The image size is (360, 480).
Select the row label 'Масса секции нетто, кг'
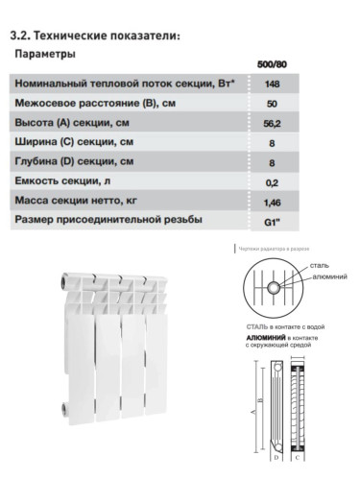tap(79, 202)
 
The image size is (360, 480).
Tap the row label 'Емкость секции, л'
tap(68, 181)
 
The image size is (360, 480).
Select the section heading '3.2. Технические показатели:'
tap(94, 36)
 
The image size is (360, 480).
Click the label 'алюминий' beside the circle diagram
tap(328, 276)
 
